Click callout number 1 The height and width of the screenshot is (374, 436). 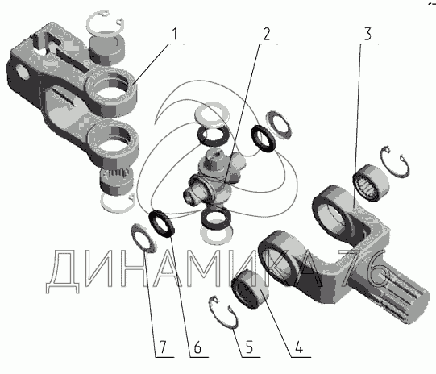tap(174, 34)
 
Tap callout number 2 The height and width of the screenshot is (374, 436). tap(266, 34)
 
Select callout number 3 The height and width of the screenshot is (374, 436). tap(367, 34)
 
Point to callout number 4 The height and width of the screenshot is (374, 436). tap(299, 347)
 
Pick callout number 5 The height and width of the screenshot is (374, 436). tap(249, 347)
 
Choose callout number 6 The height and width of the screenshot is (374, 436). tap(197, 347)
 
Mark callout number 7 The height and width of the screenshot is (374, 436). tap(162, 347)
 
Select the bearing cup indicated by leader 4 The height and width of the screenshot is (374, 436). tap(251, 289)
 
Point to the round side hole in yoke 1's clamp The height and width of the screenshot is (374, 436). tap(23, 73)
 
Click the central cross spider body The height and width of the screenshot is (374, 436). tap(215, 180)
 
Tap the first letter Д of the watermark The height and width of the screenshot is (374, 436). tap(63, 271)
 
